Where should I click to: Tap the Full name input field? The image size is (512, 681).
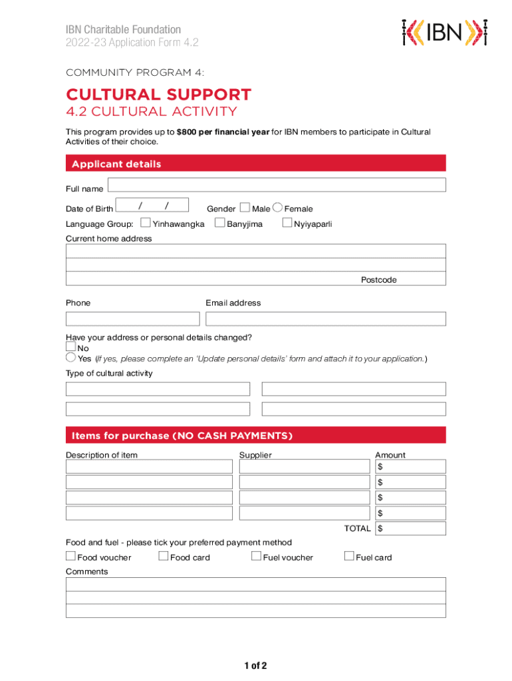pyautogui.click(x=277, y=185)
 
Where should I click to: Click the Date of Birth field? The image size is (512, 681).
pyautogui.click(x=152, y=205)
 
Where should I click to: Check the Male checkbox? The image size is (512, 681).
pyautogui.click(x=245, y=207)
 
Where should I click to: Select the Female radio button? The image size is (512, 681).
pyautogui.click(x=277, y=207)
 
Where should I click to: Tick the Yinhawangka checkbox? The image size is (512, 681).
pyautogui.click(x=146, y=223)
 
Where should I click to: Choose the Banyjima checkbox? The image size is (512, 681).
pyautogui.click(x=220, y=223)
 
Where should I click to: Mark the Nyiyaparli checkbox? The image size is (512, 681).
pyautogui.click(x=287, y=223)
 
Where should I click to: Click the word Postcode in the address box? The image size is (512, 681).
pyautogui.click(x=378, y=280)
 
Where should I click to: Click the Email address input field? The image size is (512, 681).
pyautogui.click(x=325, y=319)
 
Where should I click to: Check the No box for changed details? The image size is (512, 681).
pyautogui.click(x=70, y=346)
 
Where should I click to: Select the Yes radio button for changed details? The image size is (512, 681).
pyautogui.click(x=70, y=358)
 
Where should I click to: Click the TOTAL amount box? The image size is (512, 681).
pyautogui.click(x=410, y=529)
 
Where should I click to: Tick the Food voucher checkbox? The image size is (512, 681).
pyautogui.click(x=70, y=556)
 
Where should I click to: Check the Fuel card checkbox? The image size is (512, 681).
pyautogui.click(x=349, y=556)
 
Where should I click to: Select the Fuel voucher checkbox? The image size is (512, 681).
pyautogui.click(x=256, y=556)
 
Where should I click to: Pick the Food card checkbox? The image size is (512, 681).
pyautogui.click(x=164, y=556)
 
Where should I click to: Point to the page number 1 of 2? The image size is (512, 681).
pyautogui.click(x=255, y=666)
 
